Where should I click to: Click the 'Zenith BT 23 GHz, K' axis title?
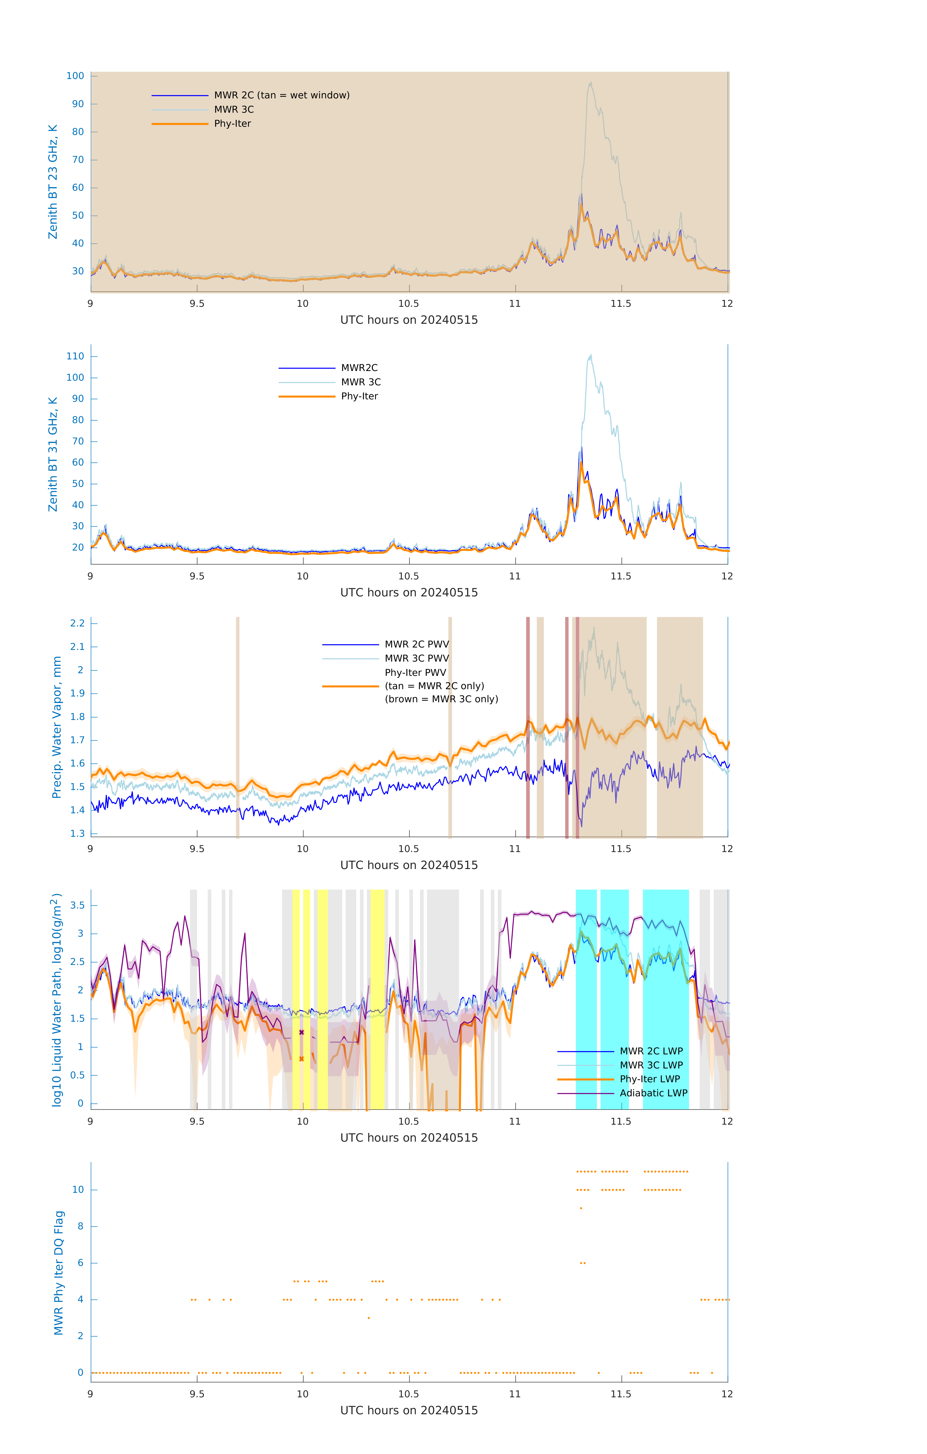click(x=53, y=182)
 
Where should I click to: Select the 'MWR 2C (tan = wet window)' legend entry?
click(x=281, y=95)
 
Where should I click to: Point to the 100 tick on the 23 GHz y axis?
click(x=75, y=76)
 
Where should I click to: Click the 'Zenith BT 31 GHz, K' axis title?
click(x=53, y=454)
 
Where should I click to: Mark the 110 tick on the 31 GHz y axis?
click(x=75, y=356)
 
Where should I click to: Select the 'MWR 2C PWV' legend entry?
click(x=417, y=644)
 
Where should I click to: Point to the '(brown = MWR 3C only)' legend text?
click(x=442, y=699)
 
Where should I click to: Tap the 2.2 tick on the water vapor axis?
click(x=77, y=623)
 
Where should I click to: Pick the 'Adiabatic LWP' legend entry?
click(x=653, y=1093)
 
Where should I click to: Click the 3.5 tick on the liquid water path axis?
click(x=77, y=905)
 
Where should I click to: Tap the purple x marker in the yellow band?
click(x=301, y=1033)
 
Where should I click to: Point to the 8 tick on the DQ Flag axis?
click(x=80, y=1226)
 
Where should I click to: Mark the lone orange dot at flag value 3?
click(x=368, y=1318)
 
